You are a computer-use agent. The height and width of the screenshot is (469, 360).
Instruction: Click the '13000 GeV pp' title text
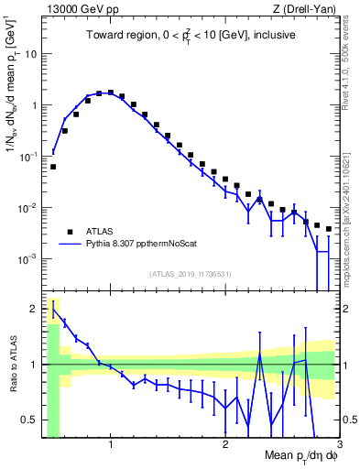(82, 10)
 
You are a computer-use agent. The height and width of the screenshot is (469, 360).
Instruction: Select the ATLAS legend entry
(100, 232)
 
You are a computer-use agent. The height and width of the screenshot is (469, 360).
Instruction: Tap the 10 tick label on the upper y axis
(29, 54)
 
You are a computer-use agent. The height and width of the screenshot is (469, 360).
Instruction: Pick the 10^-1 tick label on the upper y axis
(27, 157)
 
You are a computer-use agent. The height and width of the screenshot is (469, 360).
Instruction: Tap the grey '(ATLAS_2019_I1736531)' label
(190, 274)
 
